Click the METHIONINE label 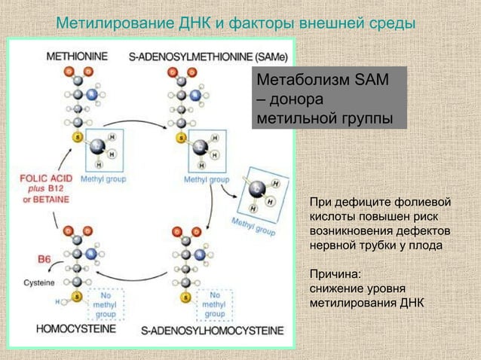tap(77, 56)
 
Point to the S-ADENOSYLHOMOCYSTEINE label tap(213, 330)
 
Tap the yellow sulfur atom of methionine tap(76, 137)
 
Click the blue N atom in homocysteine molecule tap(92, 255)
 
